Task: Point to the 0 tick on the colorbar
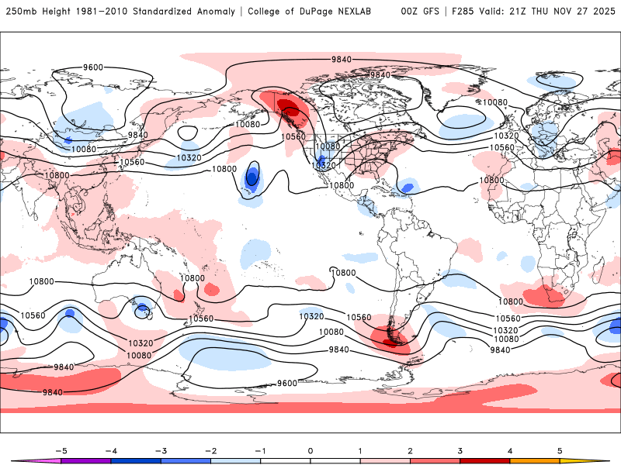[310, 449]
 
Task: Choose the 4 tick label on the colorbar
[510, 449]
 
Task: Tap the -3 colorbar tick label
[161, 449]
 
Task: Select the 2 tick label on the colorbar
[411, 449]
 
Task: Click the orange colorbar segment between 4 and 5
[535, 460]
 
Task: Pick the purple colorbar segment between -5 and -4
[86, 460]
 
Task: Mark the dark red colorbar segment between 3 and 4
[485, 460]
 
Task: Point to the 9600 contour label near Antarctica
[287, 383]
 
